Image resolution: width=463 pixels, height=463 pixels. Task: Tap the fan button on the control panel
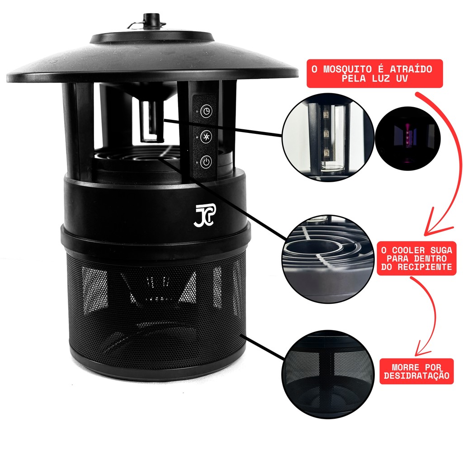tap(206, 137)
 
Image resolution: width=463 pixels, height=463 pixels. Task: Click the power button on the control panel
tap(206, 162)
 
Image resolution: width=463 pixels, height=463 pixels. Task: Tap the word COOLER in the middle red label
tap(407, 250)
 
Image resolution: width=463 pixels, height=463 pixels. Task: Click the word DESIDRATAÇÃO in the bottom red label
tap(416, 376)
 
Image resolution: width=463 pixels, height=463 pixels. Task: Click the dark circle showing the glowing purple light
tap(408, 138)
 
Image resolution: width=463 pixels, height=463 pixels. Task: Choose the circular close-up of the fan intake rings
tap(328, 259)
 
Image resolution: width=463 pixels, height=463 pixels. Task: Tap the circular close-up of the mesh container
tap(328, 374)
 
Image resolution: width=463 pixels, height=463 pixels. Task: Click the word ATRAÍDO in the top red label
tap(411, 69)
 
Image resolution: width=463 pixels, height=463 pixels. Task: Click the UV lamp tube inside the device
tap(151, 121)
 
